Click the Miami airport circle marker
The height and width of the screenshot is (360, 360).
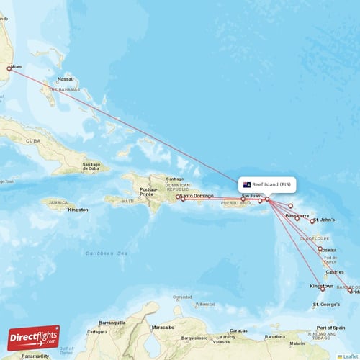coord(9,69)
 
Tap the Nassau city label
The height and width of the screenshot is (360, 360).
coord(66,79)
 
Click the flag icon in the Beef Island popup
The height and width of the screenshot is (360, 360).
coord(247,184)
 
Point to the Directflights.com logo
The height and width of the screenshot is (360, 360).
coord(34,337)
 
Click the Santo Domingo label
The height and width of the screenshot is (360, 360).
coord(197,195)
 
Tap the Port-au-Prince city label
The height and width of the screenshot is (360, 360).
coord(147,192)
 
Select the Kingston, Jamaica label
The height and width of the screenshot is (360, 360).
coord(78,210)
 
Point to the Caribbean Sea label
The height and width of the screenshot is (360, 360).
coord(107,253)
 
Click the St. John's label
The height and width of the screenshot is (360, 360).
coord(327,220)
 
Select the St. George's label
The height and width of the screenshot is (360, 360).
coord(326,305)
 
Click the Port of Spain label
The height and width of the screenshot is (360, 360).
coord(330,328)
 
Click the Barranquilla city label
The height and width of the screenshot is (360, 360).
coord(112,323)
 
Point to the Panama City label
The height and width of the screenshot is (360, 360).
coord(35,356)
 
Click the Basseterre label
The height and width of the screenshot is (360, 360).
coord(297,215)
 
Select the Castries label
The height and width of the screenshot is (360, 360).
coord(334,272)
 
